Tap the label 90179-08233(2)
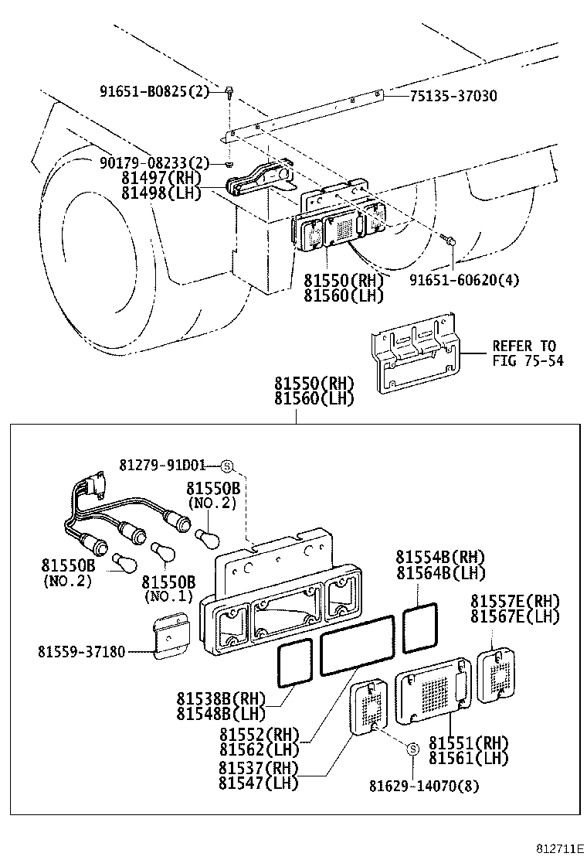click(154, 162)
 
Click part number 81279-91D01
click(162, 465)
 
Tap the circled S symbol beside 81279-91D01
click(226, 466)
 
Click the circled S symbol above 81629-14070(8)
click(412, 749)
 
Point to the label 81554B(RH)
click(441, 557)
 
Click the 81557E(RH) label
click(516, 601)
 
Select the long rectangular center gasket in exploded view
click(358, 653)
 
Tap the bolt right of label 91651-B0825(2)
click(230, 94)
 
